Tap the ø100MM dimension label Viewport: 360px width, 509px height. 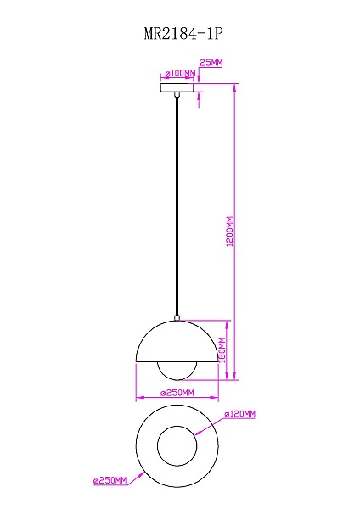click(179, 74)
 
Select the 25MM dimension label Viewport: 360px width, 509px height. click(211, 63)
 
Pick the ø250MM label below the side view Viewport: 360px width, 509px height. click(177, 393)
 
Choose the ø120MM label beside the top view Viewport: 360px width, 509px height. click(239, 414)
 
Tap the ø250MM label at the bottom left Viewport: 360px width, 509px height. click(110, 480)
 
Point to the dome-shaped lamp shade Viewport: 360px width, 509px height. click(177, 344)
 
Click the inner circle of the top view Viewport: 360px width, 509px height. click(177, 444)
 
